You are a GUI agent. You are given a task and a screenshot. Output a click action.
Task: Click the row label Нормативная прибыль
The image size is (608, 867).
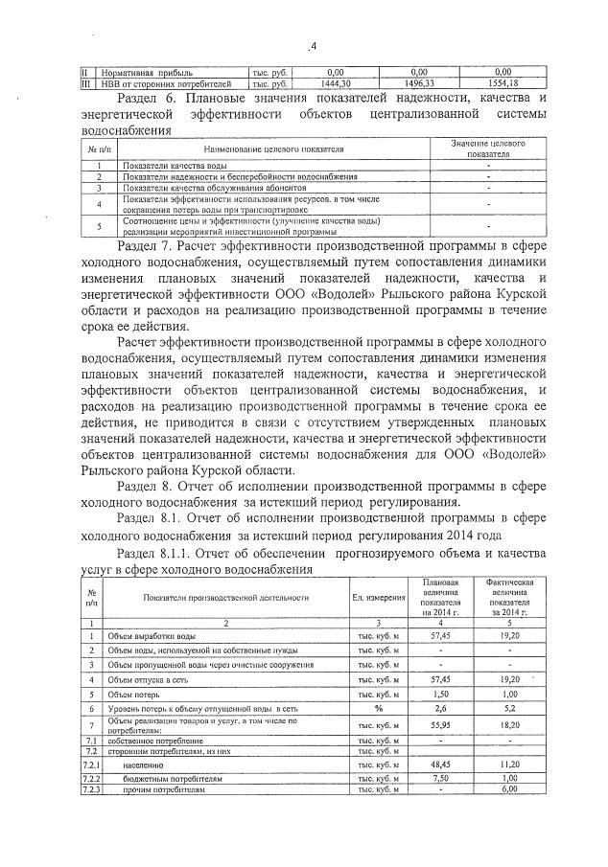(138, 73)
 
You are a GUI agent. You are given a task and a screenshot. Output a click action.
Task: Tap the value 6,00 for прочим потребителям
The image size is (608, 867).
(509, 789)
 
